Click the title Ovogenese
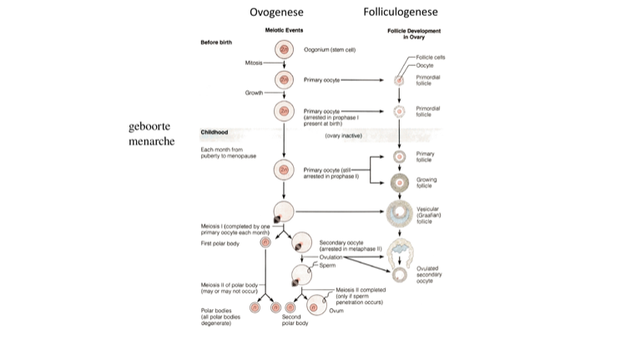[x=276, y=12]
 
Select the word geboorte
[x=149, y=126]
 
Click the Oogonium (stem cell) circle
[x=285, y=50]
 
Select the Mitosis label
[x=255, y=63]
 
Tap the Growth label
[x=255, y=92]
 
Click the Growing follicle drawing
[x=399, y=182]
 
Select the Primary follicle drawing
[x=399, y=156]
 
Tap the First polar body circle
[x=266, y=243]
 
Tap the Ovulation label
[x=331, y=257]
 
